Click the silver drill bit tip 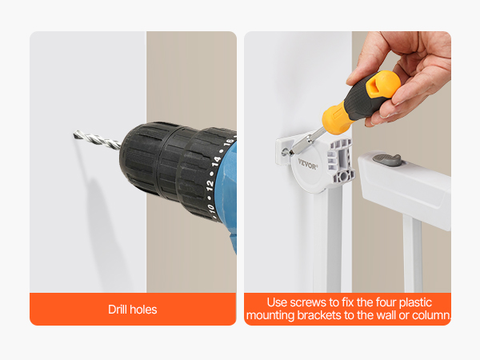(74, 134)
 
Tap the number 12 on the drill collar (210, 186)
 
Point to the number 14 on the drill (217, 162)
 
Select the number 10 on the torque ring (211, 208)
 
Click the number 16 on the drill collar (228, 143)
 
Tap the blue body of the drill (230, 196)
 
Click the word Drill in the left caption (115, 310)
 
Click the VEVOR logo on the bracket (308, 165)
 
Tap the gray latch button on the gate (387, 160)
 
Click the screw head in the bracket (286, 151)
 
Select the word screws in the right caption (308, 302)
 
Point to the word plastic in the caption (415, 302)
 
